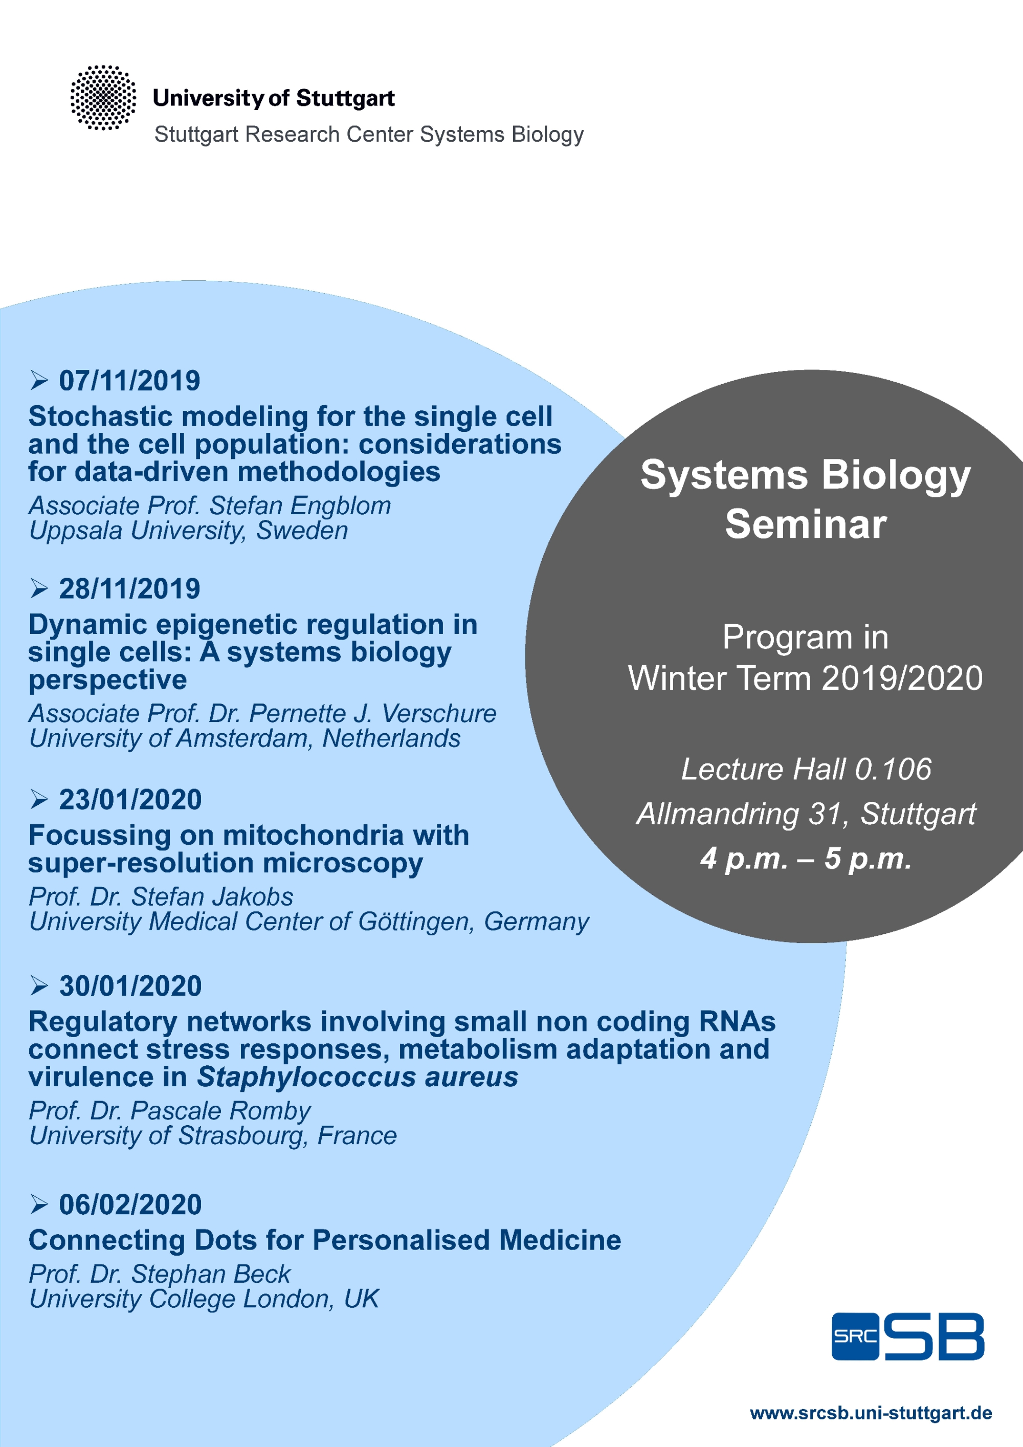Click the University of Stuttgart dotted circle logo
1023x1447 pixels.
pos(103,98)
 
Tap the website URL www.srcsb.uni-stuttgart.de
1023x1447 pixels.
pos(871,1413)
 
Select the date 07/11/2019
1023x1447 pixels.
pos(130,381)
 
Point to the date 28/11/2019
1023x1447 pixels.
pos(130,588)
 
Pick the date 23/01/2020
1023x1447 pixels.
pos(130,799)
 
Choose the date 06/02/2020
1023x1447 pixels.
pos(130,1204)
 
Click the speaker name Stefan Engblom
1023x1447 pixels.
pos(300,506)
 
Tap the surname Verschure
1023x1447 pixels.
pos(439,713)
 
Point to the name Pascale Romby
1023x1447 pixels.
pos(220,1110)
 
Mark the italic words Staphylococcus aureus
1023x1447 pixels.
pos(357,1077)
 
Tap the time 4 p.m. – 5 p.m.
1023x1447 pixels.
pos(806,859)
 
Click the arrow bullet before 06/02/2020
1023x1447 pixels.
pos(39,1204)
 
